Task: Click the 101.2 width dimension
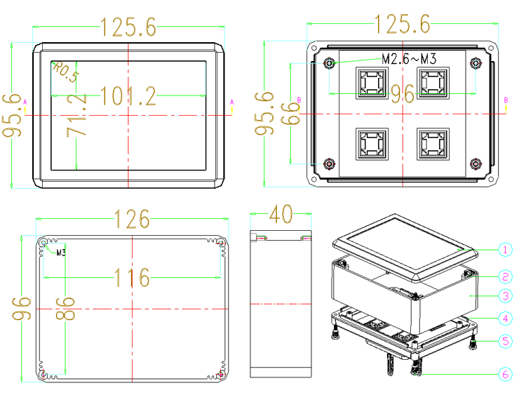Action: point(128,96)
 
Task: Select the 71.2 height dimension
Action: point(76,115)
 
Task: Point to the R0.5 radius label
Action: point(66,71)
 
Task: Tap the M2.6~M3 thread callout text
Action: point(409,59)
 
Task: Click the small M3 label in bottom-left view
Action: point(61,253)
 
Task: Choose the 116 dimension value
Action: point(132,277)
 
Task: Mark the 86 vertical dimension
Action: point(66,308)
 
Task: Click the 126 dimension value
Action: point(132,219)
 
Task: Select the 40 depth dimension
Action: point(281,214)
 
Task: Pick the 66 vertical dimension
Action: point(290,114)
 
